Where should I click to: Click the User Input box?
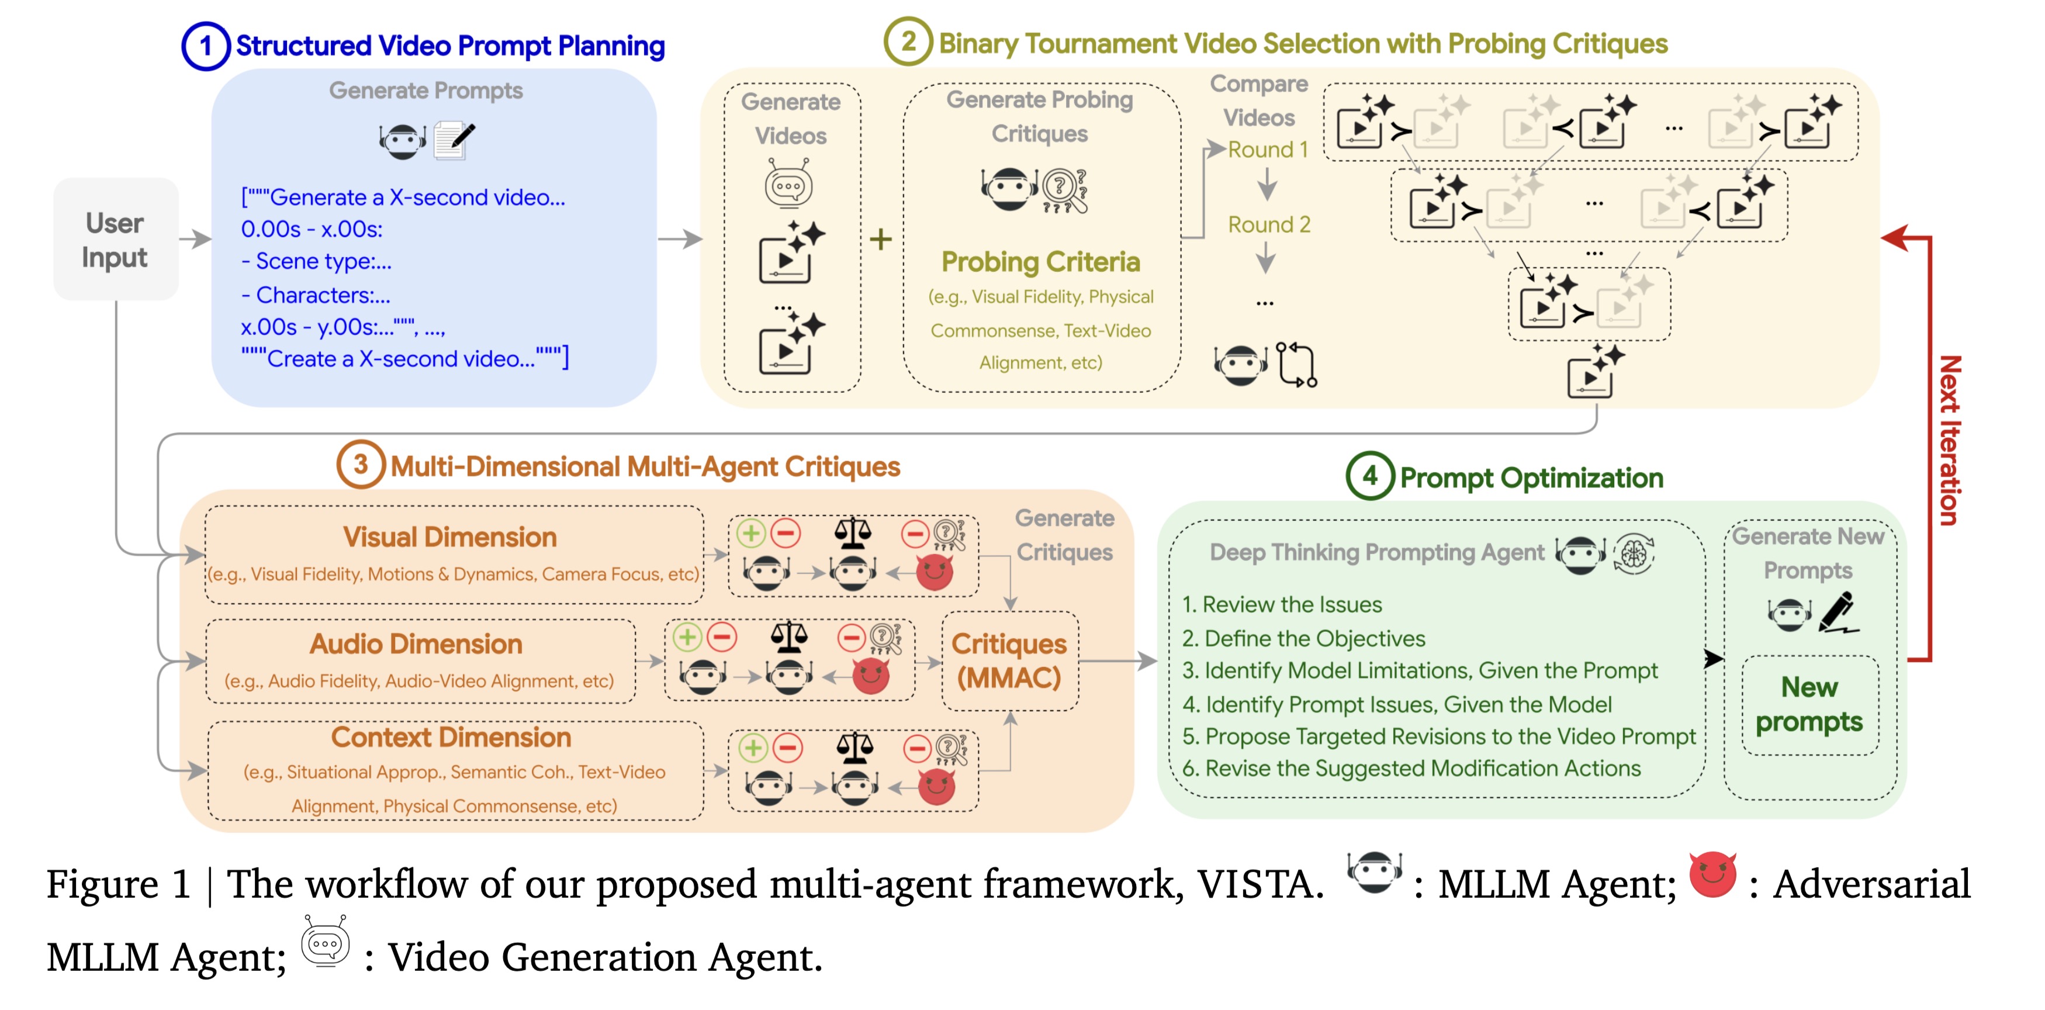(x=115, y=240)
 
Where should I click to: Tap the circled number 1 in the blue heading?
(x=206, y=46)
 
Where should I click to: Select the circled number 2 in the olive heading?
(x=908, y=41)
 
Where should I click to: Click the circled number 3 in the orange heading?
(x=361, y=465)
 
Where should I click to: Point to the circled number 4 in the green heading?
(x=1369, y=476)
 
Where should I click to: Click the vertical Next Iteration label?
(x=1949, y=441)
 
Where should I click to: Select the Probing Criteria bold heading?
(x=1040, y=262)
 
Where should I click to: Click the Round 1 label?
(x=1267, y=149)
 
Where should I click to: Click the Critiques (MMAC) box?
(x=1009, y=660)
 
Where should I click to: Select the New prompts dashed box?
(x=1809, y=704)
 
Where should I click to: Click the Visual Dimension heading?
(x=449, y=537)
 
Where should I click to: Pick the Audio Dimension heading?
(x=416, y=644)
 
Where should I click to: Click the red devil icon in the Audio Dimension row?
(x=871, y=676)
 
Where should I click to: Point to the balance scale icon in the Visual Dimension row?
(x=853, y=533)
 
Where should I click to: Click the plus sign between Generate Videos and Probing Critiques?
(x=880, y=239)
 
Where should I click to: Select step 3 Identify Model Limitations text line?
(x=1418, y=671)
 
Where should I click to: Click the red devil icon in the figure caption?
(x=1712, y=875)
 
